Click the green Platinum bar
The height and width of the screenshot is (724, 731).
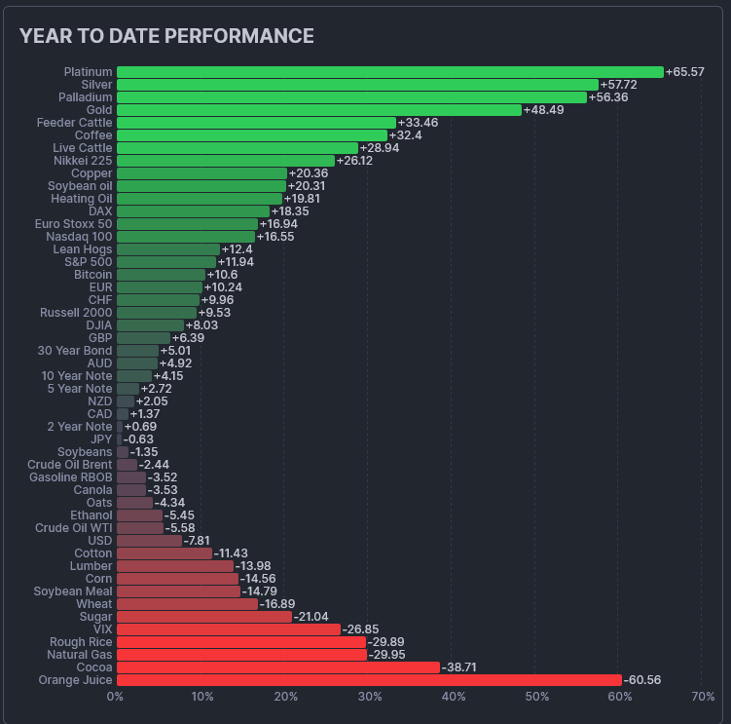(x=389, y=72)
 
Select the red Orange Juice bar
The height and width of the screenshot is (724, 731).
(x=369, y=680)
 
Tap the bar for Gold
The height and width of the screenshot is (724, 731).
(x=319, y=110)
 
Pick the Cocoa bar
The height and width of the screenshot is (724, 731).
(x=278, y=667)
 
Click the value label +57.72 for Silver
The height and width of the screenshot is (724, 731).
(x=619, y=85)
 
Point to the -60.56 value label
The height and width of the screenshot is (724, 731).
(x=642, y=680)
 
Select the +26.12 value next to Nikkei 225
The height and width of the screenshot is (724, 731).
(x=354, y=161)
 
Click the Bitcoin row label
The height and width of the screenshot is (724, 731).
(x=93, y=275)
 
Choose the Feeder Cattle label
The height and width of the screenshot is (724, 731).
(x=75, y=123)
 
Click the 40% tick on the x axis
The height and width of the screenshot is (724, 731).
(x=453, y=697)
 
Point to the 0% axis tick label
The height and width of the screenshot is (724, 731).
(x=115, y=697)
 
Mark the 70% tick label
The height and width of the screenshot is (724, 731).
(x=703, y=697)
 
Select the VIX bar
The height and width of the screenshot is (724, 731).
(x=229, y=629)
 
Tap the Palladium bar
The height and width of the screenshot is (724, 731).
(x=351, y=97)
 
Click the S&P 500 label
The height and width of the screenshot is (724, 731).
(x=89, y=262)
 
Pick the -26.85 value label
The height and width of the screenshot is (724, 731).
(x=360, y=629)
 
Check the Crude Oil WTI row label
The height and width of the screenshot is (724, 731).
(x=74, y=528)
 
